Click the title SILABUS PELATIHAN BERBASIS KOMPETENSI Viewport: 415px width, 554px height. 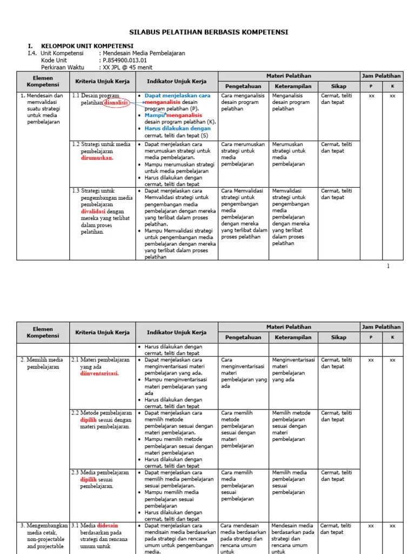(x=207, y=32)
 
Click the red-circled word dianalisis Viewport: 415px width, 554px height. (x=116, y=102)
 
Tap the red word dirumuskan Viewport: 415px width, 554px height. (x=97, y=158)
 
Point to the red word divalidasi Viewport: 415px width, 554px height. (x=93, y=212)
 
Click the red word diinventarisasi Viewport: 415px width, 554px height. (x=99, y=373)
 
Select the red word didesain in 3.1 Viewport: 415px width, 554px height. (x=108, y=525)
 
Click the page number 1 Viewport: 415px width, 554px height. (x=388, y=266)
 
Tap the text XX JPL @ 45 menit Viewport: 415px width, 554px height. (x=127, y=67)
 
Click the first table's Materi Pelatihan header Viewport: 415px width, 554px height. (x=289, y=76)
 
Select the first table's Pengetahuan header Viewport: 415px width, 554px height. (x=243, y=86)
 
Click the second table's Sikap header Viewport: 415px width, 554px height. (x=339, y=337)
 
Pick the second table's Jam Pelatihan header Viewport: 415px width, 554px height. (x=381, y=327)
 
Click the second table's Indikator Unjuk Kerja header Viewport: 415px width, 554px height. (x=177, y=332)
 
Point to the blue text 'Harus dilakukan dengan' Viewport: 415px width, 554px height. (x=177, y=129)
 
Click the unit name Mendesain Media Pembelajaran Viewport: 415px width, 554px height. (x=143, y=53)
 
